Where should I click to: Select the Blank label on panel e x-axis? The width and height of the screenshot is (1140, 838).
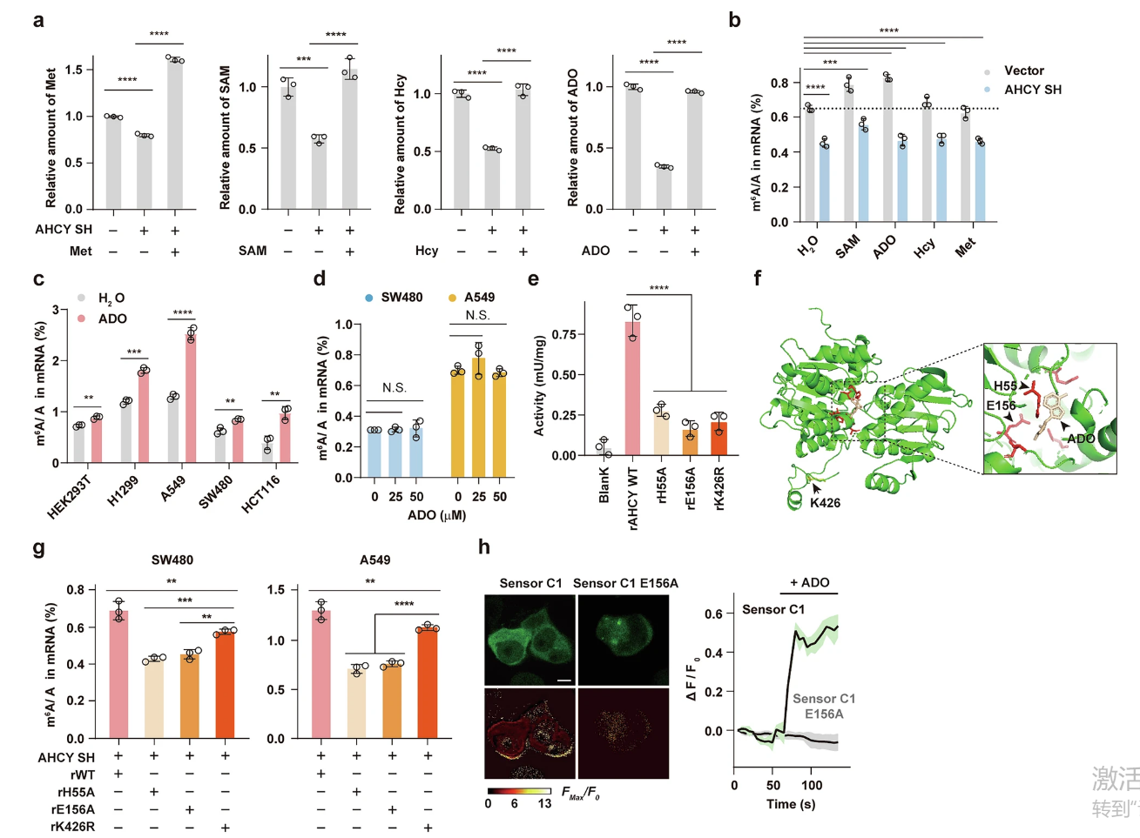604,486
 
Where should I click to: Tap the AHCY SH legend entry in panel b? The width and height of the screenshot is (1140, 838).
1032,90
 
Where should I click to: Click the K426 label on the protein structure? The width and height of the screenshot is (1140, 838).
825,503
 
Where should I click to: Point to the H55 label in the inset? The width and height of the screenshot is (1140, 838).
1005,385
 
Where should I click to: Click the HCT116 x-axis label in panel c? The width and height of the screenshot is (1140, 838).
260,493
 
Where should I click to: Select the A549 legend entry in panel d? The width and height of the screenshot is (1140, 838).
479,298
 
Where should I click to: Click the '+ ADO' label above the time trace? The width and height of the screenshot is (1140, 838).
809,582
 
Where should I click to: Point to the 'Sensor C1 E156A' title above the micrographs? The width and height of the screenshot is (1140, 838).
625,583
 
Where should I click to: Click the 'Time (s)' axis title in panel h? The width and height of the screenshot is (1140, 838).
791,804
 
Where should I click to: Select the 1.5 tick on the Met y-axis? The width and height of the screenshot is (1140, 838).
73,70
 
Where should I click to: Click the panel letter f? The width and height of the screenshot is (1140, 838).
757,278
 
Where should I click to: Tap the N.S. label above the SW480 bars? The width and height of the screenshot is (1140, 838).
395,388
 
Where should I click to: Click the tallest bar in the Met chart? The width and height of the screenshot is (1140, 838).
175,134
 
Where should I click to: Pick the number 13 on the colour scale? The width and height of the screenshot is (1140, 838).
544,803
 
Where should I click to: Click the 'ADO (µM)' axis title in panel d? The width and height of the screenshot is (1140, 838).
436,515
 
